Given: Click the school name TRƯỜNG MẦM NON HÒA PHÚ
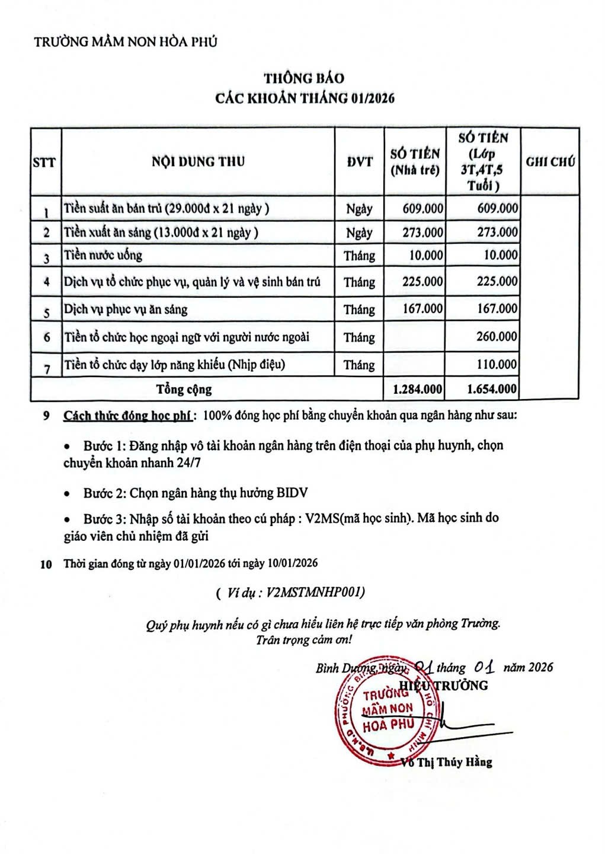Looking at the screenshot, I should [x=126, y=42].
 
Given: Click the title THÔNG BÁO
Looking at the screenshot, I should [x=303, y=78].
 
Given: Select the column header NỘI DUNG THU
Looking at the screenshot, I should [x=198, y=161].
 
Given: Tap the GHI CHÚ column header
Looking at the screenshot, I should [x=550, y=161].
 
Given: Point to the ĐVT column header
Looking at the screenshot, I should [x=360, y=161].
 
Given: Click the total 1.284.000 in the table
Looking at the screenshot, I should [x=417, y=389].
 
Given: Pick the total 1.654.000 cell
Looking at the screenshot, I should [x=492, y=389].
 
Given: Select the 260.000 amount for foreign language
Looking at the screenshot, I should [x=497, y=336].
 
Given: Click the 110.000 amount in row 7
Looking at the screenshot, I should [x=497, y=364].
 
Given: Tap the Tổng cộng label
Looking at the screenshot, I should [x=184, y=389].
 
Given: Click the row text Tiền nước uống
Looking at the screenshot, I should [x=103, y=256].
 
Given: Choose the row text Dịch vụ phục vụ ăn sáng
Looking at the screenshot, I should [x=126, y=309].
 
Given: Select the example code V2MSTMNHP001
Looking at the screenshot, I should [x=315, y=592].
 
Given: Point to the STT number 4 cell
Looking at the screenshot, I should [x=46, y=282].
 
